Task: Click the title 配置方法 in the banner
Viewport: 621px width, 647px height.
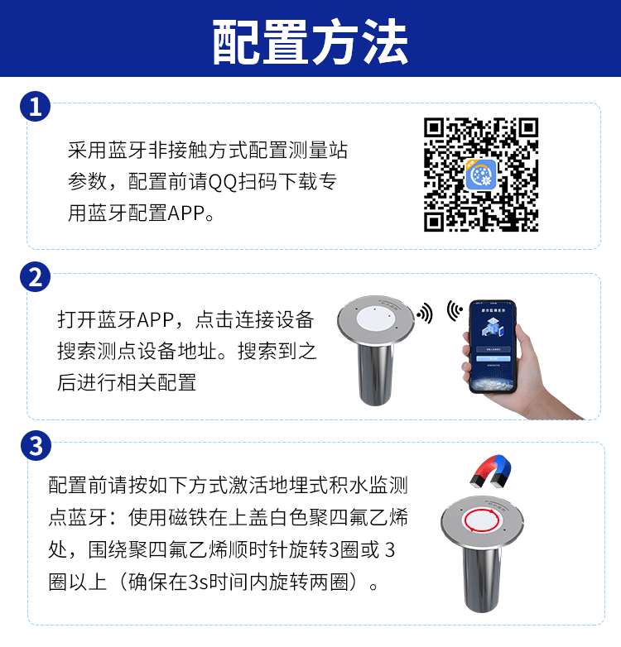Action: point(310,42)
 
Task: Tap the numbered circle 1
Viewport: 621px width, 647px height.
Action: point(35,107)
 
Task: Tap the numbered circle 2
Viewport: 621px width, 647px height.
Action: point(35,277)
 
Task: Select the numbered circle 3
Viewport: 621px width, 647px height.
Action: point(36,446)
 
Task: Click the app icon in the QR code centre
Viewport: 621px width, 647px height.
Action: point(481,175)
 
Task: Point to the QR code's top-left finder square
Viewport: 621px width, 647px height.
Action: point(434,127)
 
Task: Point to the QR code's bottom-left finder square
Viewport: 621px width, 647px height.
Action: point(434,222)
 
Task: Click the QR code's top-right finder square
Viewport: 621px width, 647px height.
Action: point(528,127)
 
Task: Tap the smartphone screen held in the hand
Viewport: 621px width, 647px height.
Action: point(493,346)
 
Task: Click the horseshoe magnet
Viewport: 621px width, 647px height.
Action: point(491,470)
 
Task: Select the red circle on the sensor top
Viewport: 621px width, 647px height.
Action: point(481,520)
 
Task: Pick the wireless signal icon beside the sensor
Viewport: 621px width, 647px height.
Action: point(426,314)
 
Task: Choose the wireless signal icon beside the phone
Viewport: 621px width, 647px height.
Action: point(455,310)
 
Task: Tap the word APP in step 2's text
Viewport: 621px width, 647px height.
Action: point(155,320)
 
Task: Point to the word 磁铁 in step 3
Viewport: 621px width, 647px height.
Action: point(188,517)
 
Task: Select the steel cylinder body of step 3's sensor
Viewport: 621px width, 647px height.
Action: point(482,578)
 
